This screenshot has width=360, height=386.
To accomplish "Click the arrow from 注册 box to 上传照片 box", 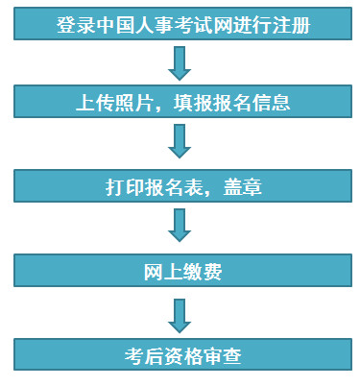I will click(180, 61).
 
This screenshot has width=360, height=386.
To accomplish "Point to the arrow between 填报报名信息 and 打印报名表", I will click(180, 142).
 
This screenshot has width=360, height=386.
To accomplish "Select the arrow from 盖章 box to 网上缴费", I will click(180, 228).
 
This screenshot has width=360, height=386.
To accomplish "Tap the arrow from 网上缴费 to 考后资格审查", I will click(180, 314).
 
